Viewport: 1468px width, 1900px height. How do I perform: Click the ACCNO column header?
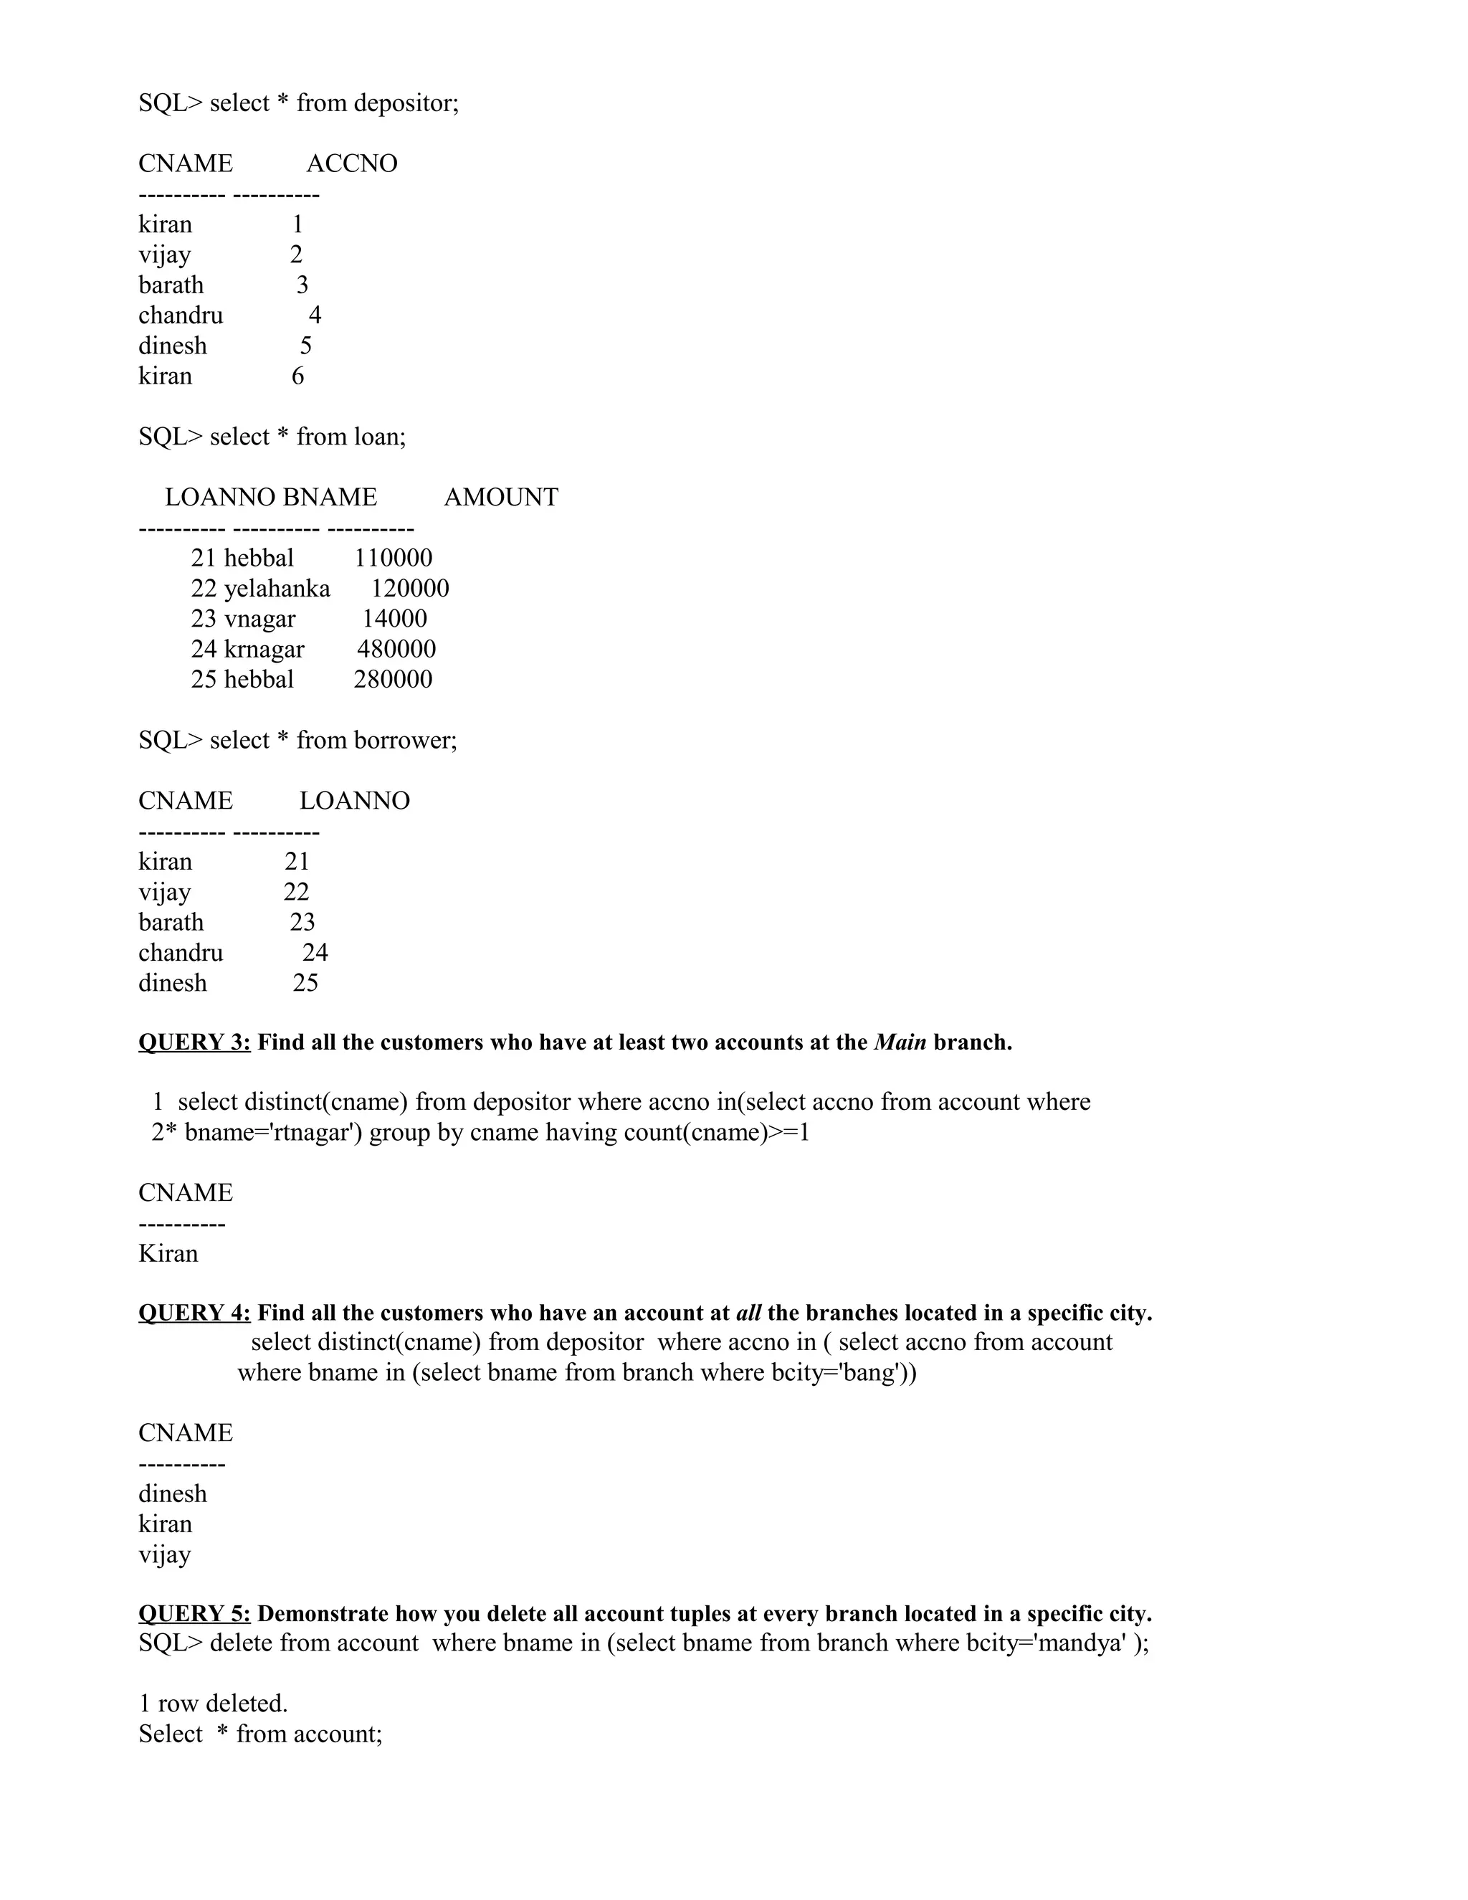pyautogui.click(x=351, y=163)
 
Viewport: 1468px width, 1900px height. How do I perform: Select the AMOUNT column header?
pyautogui.click(x=501, y=497)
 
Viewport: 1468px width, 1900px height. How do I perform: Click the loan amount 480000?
pyautogui.click(x=396, y=649)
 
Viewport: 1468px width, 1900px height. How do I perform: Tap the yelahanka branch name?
pyautogui.click(x=277, y=589)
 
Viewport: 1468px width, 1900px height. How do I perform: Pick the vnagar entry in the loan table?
pyautogui.click(x=260, y=619)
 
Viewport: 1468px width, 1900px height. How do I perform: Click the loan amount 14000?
pyautogui.click(x=395, y=619)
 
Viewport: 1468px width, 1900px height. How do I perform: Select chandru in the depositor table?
pyautogui.click(x=181, y=315)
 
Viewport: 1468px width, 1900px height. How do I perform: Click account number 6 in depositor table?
pyautogui.click(x=297, y=376)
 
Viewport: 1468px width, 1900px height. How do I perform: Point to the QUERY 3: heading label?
pyautogui.click(x=194, y=1042)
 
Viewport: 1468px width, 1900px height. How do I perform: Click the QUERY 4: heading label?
pyautogui.click(x=194, y=1313)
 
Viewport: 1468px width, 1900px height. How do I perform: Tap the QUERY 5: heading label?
pyautogui.click(x=194, y=1614)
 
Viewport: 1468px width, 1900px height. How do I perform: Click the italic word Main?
pyautogui.click(x=900, y=1042)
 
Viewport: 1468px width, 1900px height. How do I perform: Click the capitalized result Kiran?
pyautogui.click(x=168, y=1253)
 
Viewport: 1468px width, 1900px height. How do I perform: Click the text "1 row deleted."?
pyautogui.click(x=213, y=1704)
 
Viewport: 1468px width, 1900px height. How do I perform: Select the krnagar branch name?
pyautogui.click(x=264, y=650)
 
